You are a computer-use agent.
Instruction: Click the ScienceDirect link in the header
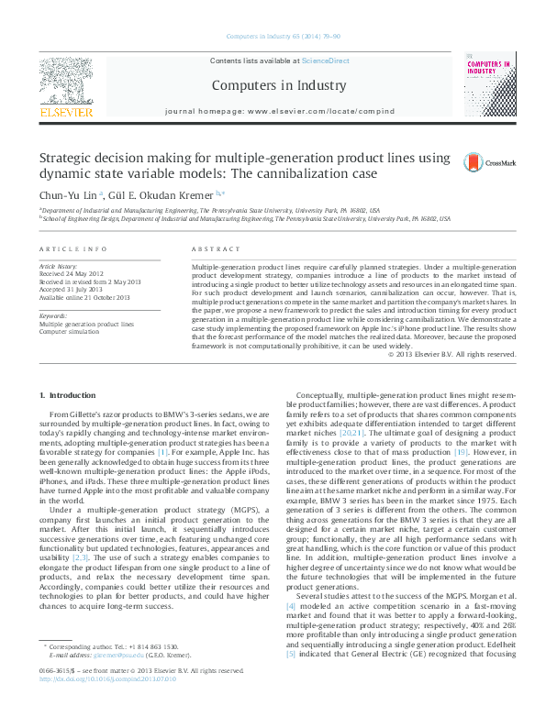click(x=327, y=61)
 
